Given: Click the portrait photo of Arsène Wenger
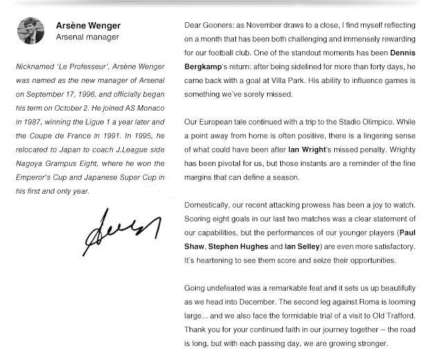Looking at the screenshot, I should click(30, 31).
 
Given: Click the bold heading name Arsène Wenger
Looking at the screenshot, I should click(88, 26).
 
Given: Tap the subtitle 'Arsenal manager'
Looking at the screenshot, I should click(87, 37).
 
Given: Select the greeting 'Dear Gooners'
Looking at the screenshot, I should click(209, 25).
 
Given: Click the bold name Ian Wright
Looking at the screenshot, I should click(307, 150).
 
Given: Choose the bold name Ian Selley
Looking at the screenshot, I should click(302, 246).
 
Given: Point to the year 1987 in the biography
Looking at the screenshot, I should click(31, 122).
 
